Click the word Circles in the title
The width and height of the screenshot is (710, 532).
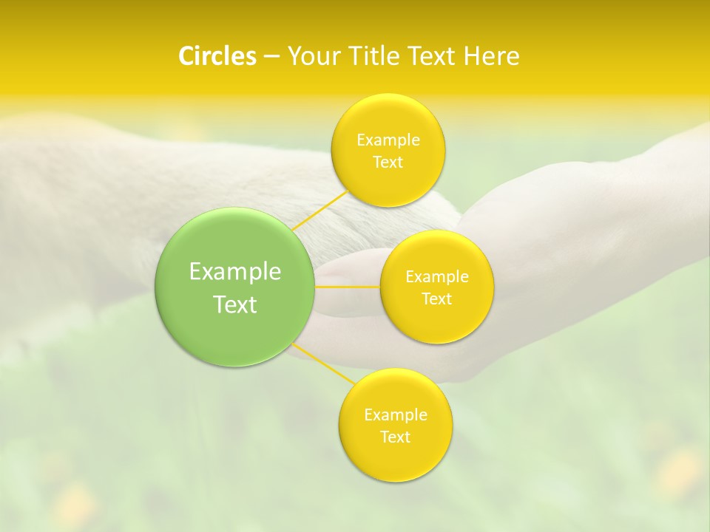[x=217, y=56]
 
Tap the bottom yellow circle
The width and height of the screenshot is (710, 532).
[x=395, y=458]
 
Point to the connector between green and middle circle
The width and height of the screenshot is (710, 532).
[x=348, y=287]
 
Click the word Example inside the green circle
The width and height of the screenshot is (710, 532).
[x=235, y=272]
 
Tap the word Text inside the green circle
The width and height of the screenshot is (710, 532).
[x=235, y=304]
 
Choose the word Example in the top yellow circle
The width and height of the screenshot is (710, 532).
[x=388, y=140]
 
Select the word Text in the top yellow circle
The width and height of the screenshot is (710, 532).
[x=388, y=162]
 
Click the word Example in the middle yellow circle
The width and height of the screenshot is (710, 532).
[x=436, y=277]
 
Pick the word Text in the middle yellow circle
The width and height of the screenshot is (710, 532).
[x=436, y=299]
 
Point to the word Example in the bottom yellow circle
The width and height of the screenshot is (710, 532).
[x=395, y=415]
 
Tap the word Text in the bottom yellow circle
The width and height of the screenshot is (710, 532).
[x=395, y=437]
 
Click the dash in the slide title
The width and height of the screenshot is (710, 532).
[x=271, y=57]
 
